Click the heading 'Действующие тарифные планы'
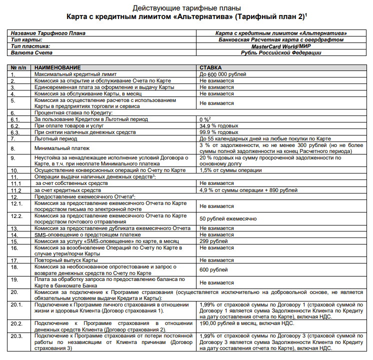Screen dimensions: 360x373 click(x=186, y=8)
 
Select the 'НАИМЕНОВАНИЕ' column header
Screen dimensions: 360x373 click(x=57, y=67)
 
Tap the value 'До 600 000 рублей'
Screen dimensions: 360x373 click(x=223, y=74)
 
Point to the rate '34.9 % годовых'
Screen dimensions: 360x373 click(x=219, y=126)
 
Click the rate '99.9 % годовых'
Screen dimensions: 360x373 click(x=219, y=132)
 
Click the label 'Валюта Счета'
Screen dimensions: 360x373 click(x=29, y=52)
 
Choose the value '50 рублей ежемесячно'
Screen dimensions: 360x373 click(x=228, y=218)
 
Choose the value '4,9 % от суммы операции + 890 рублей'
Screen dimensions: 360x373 click(x=248, y=190)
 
